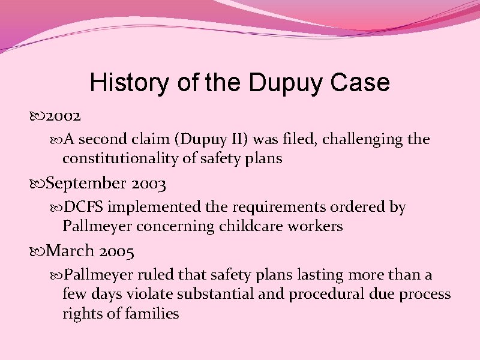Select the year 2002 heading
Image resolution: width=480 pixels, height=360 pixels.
coord(64,115)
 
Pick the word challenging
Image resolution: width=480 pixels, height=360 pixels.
coord(351,140)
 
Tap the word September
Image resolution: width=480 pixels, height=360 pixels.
coord(86,182)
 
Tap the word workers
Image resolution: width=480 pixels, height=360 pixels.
coord(322,227)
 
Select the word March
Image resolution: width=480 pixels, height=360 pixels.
coord(70,250)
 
